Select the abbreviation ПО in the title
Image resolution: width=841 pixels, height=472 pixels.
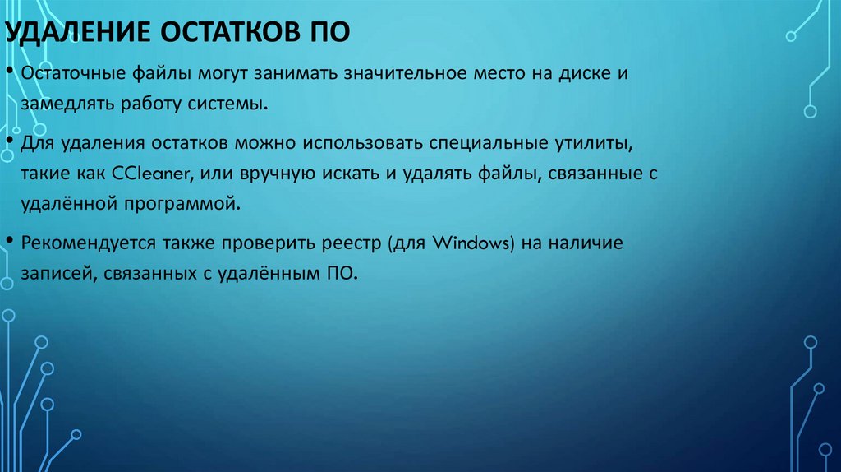[x=329, y=34]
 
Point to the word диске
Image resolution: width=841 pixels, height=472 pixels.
[x=589, y=74]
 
